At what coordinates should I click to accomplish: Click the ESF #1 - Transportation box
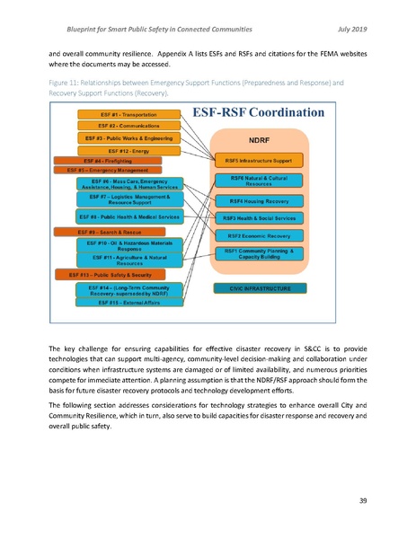point(120,115)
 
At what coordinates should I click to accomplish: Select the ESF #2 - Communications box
point(120,127)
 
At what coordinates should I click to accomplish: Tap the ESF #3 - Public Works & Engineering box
point(122,138)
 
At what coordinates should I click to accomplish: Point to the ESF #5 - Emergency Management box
point(99,169)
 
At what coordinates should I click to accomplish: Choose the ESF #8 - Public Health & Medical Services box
point(129,216)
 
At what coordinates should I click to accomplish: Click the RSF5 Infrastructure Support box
point(258,160)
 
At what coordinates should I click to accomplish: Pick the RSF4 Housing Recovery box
point(258,201)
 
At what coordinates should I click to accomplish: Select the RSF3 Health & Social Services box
point(258,218)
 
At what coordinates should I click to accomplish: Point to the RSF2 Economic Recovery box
point(258,235)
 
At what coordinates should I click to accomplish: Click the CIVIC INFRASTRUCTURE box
point(257,288)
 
